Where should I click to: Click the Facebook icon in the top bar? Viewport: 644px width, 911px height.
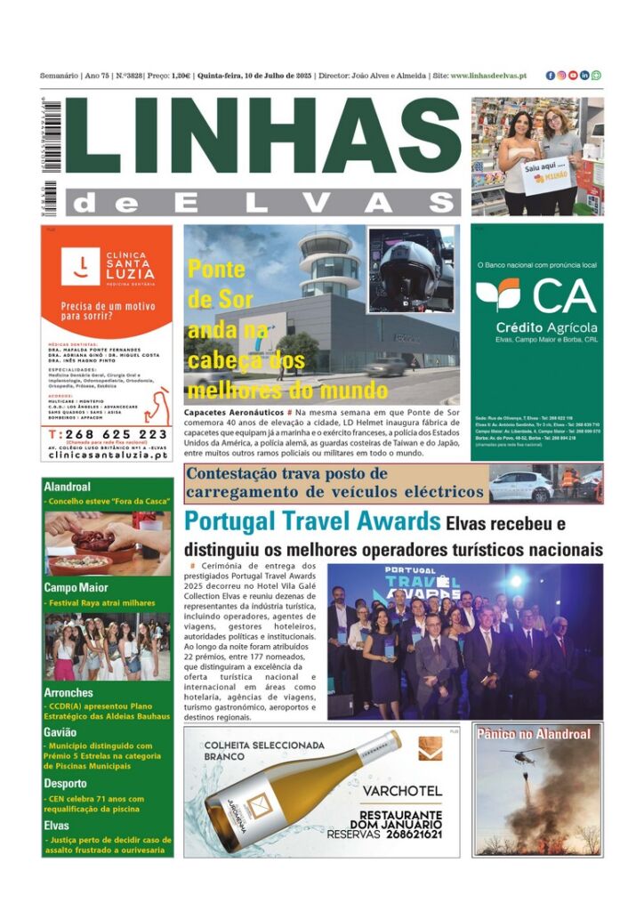click(551, 76)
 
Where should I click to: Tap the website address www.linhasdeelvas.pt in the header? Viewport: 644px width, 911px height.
click(488, 76)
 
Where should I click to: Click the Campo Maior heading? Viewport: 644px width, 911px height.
click(76, 587)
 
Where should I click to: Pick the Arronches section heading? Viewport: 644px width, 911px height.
click(68, 693)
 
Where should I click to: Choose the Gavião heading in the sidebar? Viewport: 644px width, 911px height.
click(60, 732)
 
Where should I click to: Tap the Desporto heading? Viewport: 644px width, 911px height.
click(65, 784)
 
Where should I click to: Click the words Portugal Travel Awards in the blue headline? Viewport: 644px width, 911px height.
click(312, 522)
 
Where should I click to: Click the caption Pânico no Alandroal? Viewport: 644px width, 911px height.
click(534, 734)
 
